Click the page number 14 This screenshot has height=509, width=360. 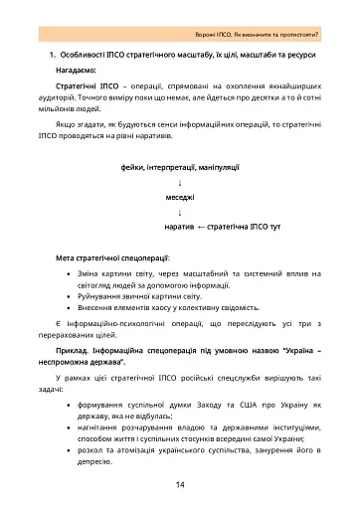(180, 484)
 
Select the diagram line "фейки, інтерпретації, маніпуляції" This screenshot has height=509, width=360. (180, 170)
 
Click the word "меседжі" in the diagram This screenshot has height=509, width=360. (180, 199)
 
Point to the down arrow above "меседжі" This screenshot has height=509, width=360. (180, 184)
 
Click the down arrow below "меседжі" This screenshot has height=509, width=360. (180, 213)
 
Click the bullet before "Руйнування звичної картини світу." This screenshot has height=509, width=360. (67, 297)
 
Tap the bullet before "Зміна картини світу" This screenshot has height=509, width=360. (67, 273)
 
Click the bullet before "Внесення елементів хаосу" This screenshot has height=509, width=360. (67, 310)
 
